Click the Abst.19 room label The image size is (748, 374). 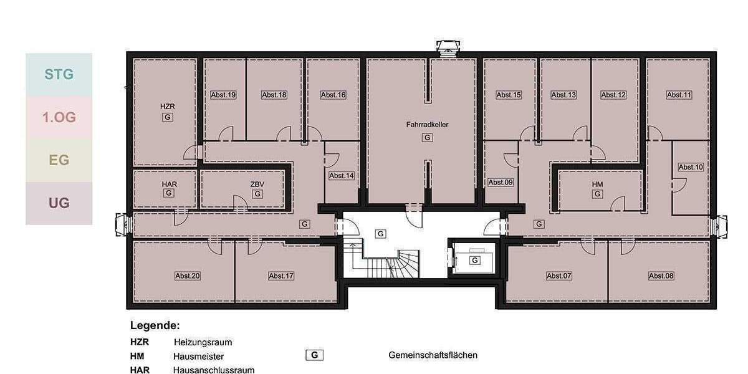pyautogui.click(x=223, y=95)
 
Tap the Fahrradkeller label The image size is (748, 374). pyautogui.click(x=427, y=125)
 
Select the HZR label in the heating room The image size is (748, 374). pyautogui.click(x=166, y=107)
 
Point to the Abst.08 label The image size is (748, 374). pyautogui.click(x=661, y=276)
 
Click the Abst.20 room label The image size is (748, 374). pyautogui.click(x=188, y=276)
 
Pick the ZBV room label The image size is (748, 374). pyautogui.click(x=257, y=185)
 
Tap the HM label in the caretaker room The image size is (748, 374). pyautogui.click(x=597, y=185)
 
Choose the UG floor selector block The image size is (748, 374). pyautogui.click(x=59, y=203)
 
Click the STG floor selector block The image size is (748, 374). pyautogui.click(x=59, y=75)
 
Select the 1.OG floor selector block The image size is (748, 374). pyautogui.click(x=59, y=117)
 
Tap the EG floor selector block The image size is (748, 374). pyautogui.click(x=59, y=160)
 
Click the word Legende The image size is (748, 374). pyautogui.click(x=155, y=325)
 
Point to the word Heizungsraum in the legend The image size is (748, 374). pyautogui.click(x=203, y=342)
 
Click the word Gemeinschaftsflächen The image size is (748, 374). pyautogui.click(x=433, y=355)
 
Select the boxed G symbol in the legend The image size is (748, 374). pyautogui.click(x=314, y=355)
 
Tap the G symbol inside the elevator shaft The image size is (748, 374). pyautogui.click(x=475, y=260)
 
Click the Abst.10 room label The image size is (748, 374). pyautogui.click(x=691, y=167)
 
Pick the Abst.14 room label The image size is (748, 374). pyautogui.click(x=342, y=176)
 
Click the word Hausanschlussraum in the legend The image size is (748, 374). pyautogui.click(x=214, y=370)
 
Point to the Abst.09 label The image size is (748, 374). pyautogui.click(x=501, y=182)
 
